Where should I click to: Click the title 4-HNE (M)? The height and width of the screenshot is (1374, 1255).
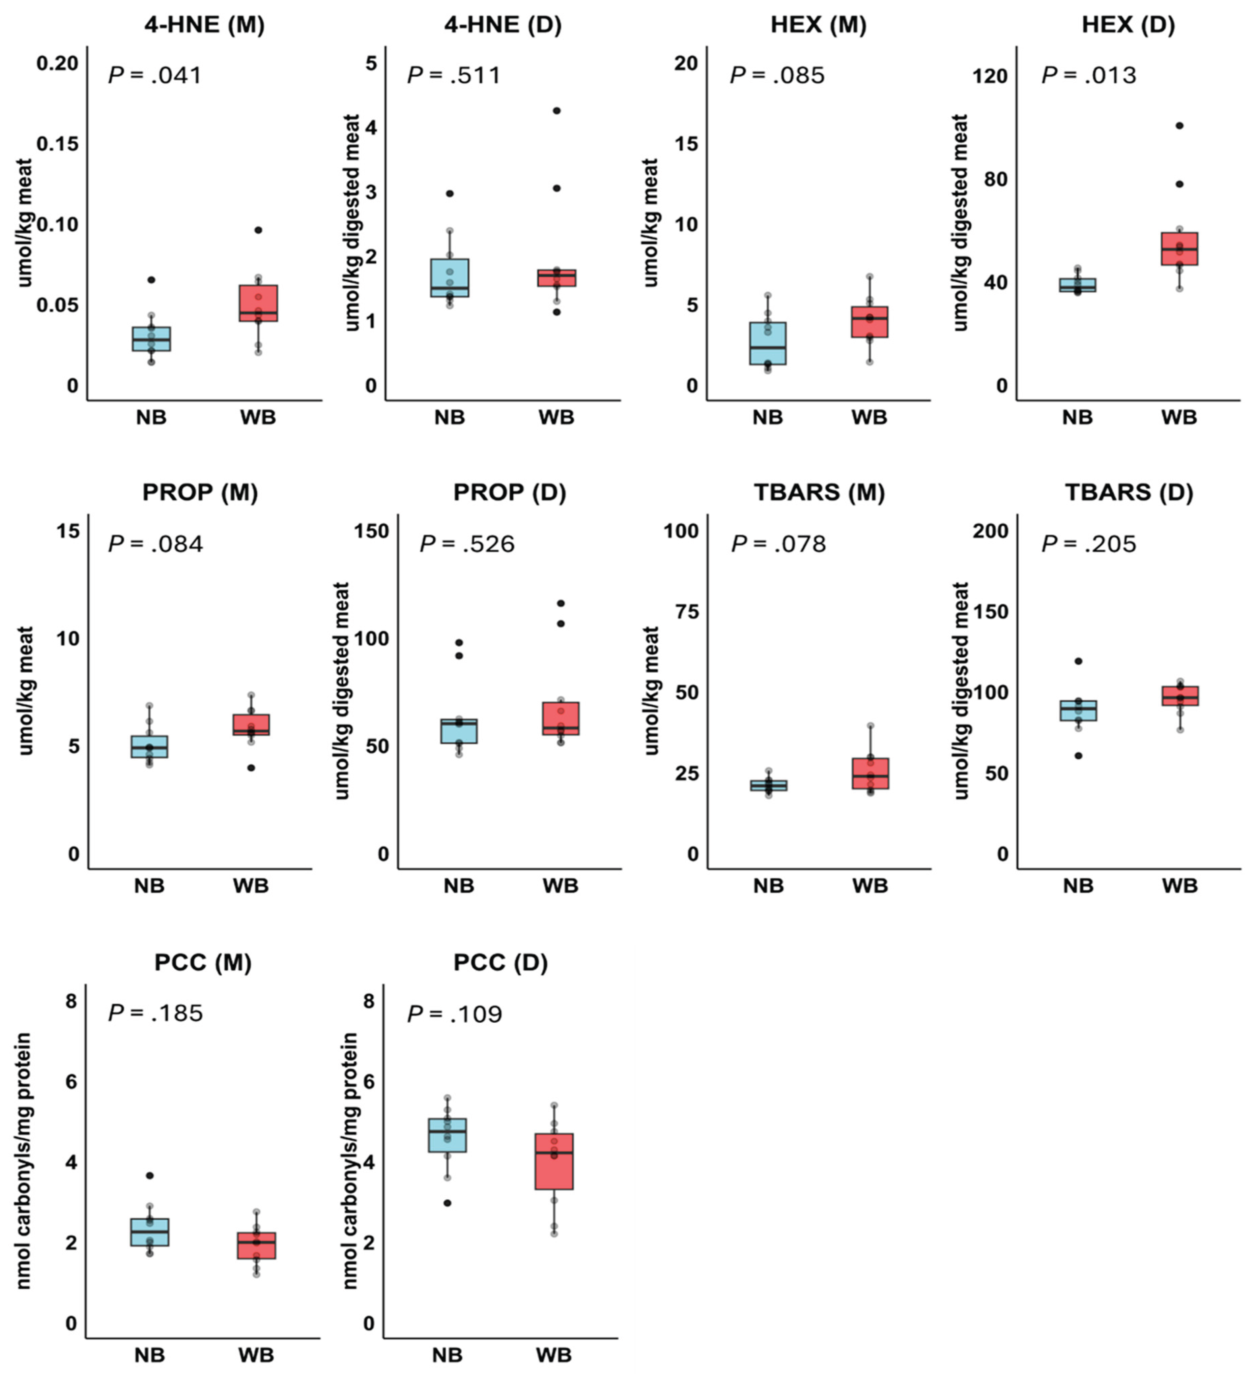204,25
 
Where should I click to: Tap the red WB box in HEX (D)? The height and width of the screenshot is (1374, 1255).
1179,249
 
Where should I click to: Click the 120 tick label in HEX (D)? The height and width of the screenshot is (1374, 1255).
990,76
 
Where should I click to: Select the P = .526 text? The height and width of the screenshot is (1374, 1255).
467,544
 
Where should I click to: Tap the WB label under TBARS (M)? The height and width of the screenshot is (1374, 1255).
870,886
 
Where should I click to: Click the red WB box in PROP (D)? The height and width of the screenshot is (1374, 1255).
560,718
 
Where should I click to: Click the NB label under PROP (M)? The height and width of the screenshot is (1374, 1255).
149,886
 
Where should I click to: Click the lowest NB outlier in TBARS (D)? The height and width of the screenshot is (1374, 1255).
1078,755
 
